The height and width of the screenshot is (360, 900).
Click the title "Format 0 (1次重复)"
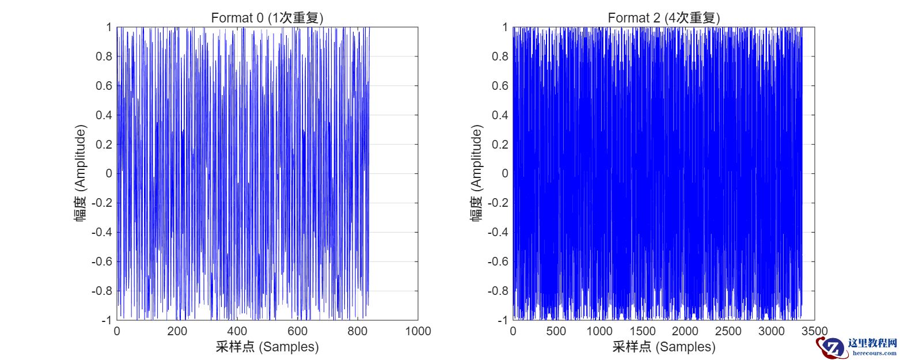point(267,18)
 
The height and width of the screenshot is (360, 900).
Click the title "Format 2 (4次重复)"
point(663,18)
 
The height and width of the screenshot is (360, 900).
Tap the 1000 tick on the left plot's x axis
point(418,331)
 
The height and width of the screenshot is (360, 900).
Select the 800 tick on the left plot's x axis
point(358,331)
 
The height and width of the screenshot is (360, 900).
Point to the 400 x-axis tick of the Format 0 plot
point(237,331)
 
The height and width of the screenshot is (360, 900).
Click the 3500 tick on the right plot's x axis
point(815,331)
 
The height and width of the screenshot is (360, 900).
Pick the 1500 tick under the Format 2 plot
point(642,331)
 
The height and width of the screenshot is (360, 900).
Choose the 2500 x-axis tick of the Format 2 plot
point(728,331)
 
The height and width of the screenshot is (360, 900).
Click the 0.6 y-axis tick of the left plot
point(104,86)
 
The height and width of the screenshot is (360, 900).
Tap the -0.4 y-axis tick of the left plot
point(101,232)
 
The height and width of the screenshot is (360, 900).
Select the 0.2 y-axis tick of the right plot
point(499,144)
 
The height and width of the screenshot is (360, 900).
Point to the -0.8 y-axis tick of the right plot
point(497,291)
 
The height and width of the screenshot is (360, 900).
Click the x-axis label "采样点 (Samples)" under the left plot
point(267,347)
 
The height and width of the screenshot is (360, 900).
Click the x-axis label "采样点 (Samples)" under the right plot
point(663,347)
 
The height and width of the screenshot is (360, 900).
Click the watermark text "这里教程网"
point(873,343)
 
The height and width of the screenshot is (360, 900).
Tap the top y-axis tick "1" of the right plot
point(505,28)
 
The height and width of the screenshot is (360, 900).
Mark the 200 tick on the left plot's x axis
point(177,331)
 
